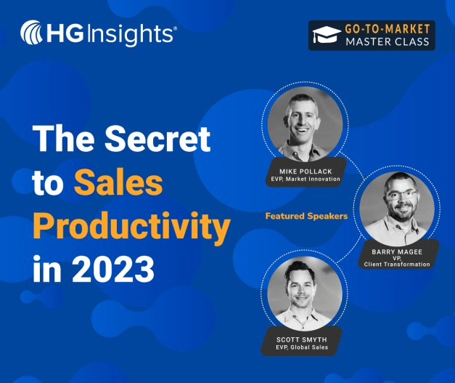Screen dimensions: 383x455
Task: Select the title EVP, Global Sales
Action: (x=303, y=347)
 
